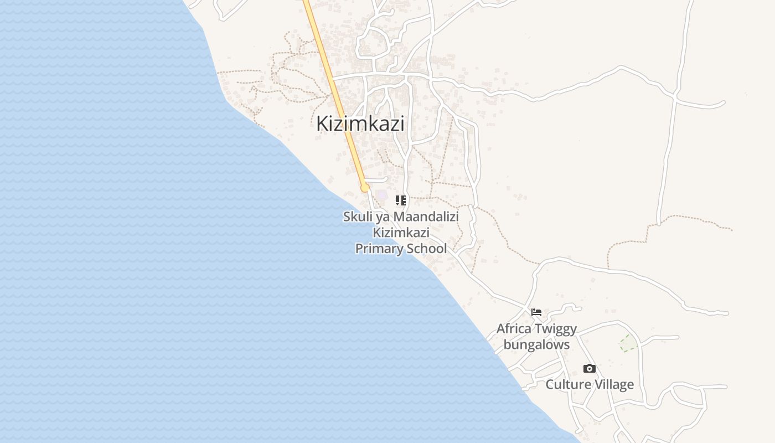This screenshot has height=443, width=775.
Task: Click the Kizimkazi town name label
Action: coord(360,123)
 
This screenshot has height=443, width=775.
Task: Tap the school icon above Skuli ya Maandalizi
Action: coord(401,200)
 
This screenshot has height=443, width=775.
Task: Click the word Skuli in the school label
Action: coord(358,217)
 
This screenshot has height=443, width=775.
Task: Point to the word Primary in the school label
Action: coord(378,249)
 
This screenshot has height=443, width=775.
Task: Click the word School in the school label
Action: coord(425,249)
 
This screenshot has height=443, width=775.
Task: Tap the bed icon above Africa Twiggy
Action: coord(536,312)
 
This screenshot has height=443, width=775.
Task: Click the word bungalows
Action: coord(536,345)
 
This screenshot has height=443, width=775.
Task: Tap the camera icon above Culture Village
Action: coord(590,369)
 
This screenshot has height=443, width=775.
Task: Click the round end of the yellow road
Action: coord(365,188)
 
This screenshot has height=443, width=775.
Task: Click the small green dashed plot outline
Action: coord(628,343)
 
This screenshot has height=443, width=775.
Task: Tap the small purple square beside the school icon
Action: coord(382,195)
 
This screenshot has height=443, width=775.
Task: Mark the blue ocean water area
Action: coord(138,249)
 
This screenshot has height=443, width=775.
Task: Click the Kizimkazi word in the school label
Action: coord(401,233)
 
